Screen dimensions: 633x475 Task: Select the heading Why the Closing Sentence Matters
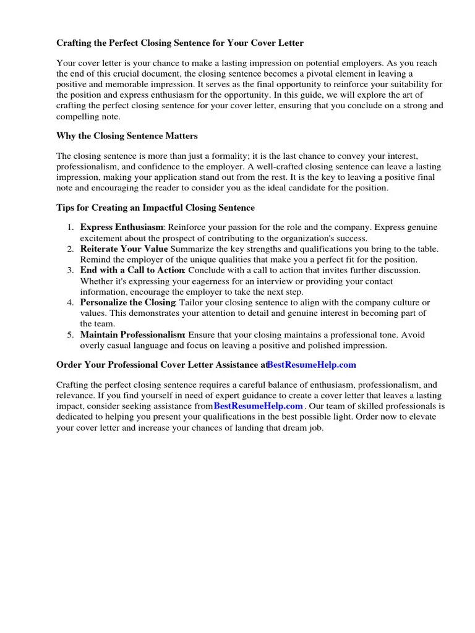[127, 136]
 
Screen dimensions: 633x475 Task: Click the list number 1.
[71, 227]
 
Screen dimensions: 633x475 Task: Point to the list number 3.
[71, 270]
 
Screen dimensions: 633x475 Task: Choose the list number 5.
[71, 334]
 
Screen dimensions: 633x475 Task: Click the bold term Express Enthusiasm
[121, 227]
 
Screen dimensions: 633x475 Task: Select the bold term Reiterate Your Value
[124, 249]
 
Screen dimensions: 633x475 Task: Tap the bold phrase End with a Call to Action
[132, 270]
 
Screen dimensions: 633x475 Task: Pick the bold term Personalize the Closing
[128, 302]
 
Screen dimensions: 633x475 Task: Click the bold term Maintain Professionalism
[132, 334]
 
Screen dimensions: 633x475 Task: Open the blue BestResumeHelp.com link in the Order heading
[312, 365]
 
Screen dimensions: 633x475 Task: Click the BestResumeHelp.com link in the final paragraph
[259, 406]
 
